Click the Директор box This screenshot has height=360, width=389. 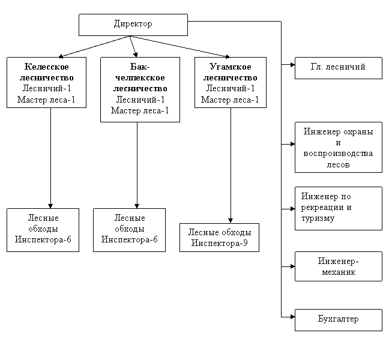pyautogui.click(x=133, y=25)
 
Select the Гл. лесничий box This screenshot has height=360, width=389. pyautogui.click(x=339, y=68)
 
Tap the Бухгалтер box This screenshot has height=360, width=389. pyautogui.click(x=339, y=320)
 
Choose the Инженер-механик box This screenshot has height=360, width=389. pyautogui.click(x=339, y=266)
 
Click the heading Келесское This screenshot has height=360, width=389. pyautogui.click(x=47, y=67)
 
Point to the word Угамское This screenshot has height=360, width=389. pyautogui.click(x=231, y=67)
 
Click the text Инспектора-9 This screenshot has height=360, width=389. pyautogui.click(x=219, y=243)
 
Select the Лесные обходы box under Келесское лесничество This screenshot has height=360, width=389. pyautogui.click(x=43, y=230)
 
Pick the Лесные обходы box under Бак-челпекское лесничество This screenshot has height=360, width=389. pyautogui.click(x=129, y=230)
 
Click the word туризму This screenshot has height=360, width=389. pyautogui.click(x=318, y=218)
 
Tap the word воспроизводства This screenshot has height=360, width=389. pyautogui.click(x=338, y=153)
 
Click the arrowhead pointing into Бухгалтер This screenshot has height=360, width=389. pyautogui.click(x=293, y=317)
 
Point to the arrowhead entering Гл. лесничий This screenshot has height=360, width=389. pyautogui.click(x=293, y=65)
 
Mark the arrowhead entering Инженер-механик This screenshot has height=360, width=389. pyautogui.click(x=293, y=266)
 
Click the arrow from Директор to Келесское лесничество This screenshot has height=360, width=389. pyautogui.click(x=94, y=47)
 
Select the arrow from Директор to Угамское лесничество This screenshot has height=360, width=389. pyautogui.click(x=179, y=47)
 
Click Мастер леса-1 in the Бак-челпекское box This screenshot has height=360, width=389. pyautogui.click(x=140, y=110)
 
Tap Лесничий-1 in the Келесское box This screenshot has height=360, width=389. pyautogui.click(x=47, y=88)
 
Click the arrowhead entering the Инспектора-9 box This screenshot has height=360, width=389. pyautogui.click(x=231, y=221)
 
